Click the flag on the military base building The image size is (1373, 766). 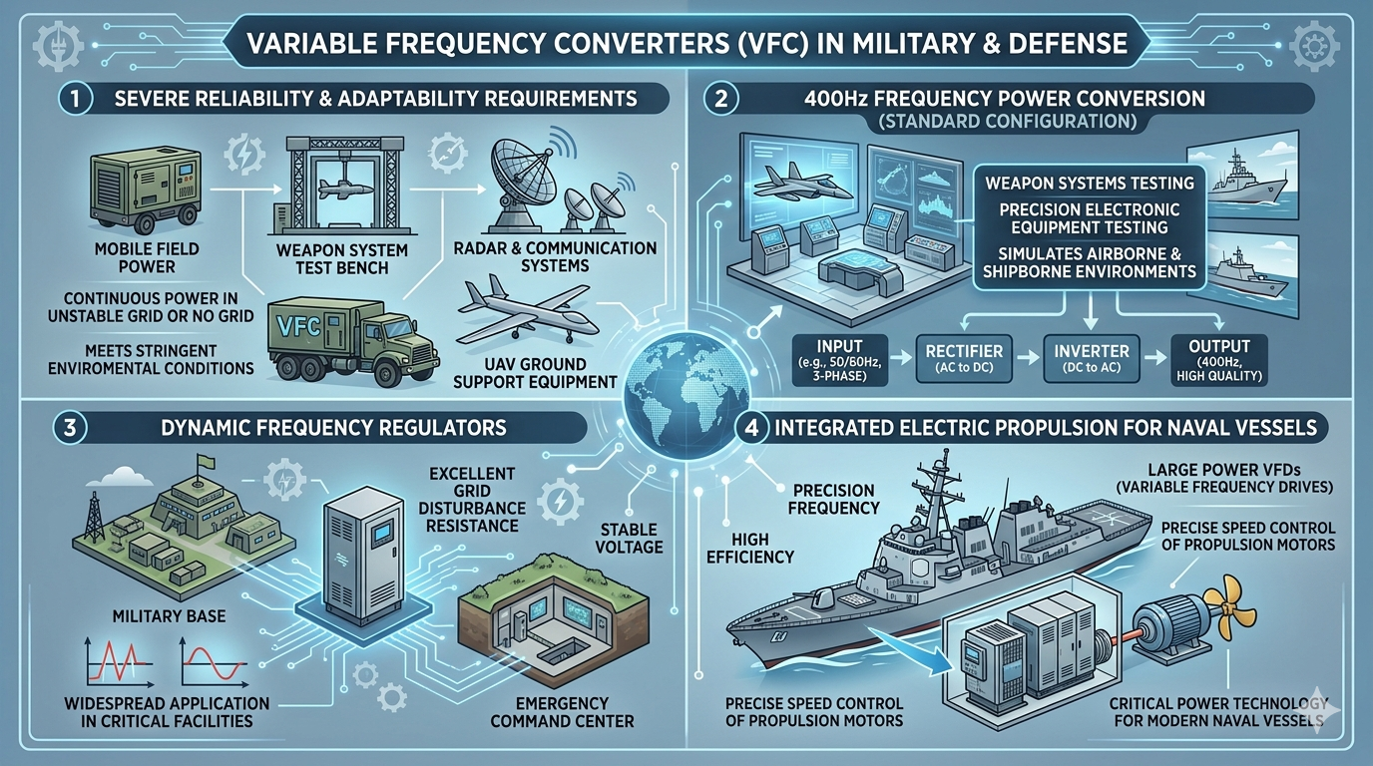point(205,462)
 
